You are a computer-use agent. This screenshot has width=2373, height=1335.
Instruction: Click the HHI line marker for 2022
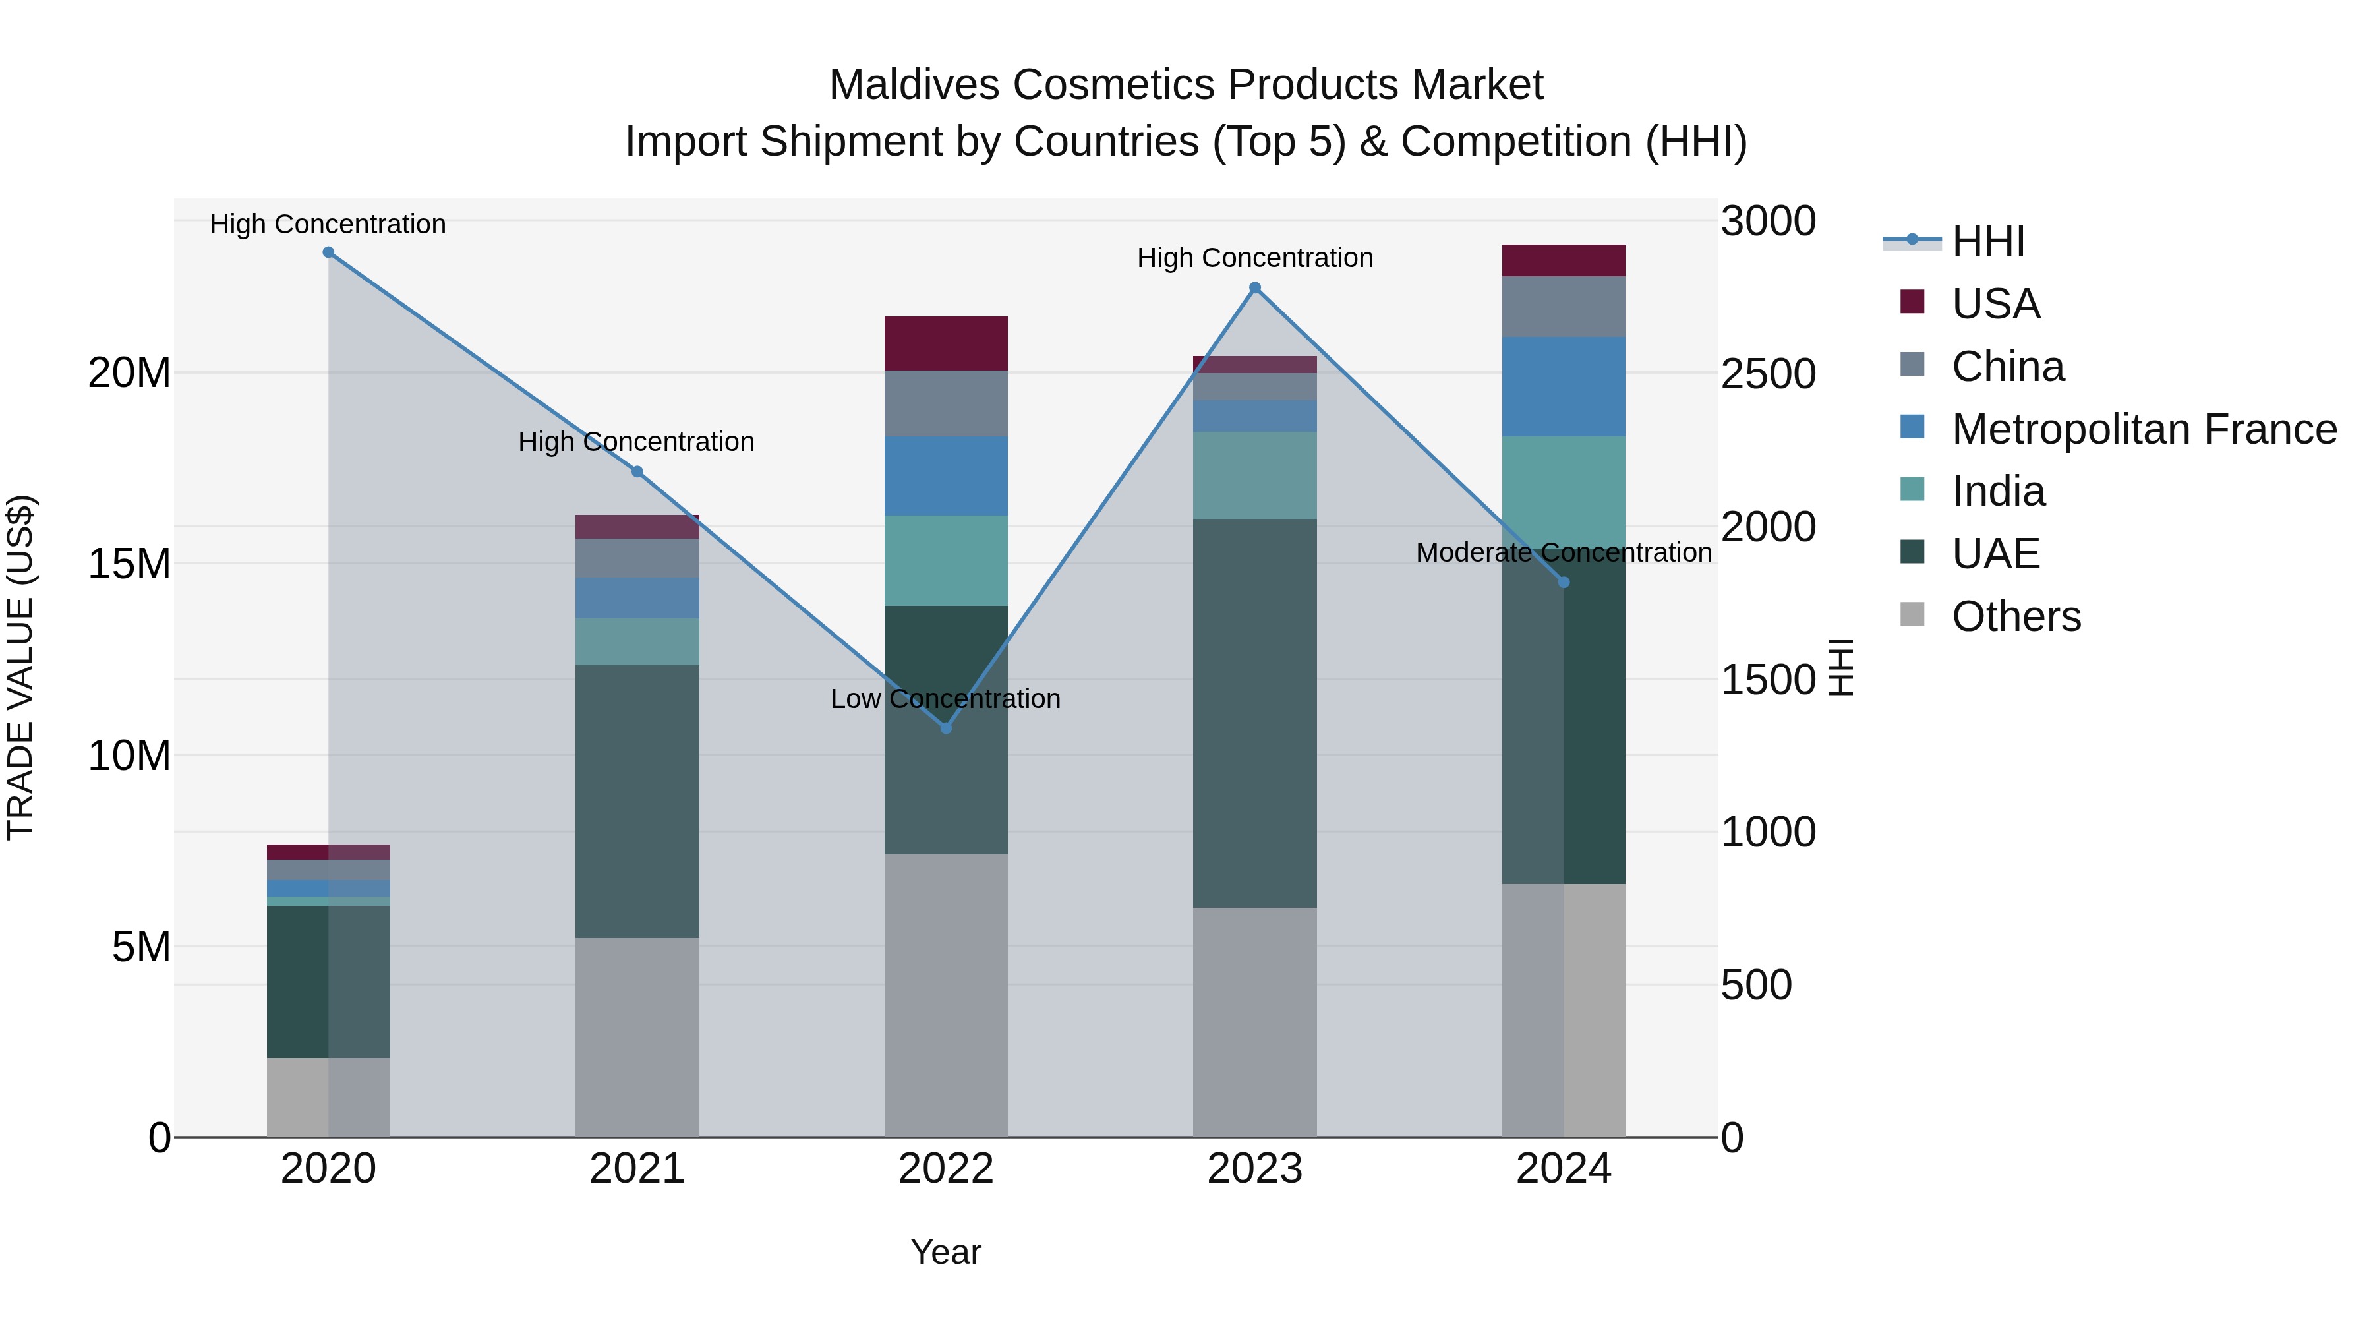point(945,728)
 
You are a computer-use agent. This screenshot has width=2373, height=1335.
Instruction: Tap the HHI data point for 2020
point(328,252)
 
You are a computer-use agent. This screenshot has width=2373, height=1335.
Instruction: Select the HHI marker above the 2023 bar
point(1254,288)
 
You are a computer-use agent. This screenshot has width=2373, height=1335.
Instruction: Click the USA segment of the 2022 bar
point(945,343)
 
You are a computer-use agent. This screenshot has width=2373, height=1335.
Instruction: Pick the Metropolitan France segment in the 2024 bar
point(1564,387)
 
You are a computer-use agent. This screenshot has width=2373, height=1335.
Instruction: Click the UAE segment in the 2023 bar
point(1254,713)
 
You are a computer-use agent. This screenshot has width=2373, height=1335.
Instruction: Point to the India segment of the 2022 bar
point(945,560)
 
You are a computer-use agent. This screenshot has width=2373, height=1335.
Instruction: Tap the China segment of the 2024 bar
point(1564,307)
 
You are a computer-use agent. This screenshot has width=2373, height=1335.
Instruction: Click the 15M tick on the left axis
point(129,564)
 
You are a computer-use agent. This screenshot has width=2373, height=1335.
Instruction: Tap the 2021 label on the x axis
point(637,1169)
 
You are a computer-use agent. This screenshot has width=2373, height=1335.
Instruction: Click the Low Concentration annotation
point(945,699)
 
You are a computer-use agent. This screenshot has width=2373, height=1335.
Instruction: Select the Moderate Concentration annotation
point(1564,553)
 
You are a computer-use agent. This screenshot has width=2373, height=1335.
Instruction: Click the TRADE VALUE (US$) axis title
point(20,667)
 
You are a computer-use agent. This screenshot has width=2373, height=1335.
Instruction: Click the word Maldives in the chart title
point(914,85)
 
